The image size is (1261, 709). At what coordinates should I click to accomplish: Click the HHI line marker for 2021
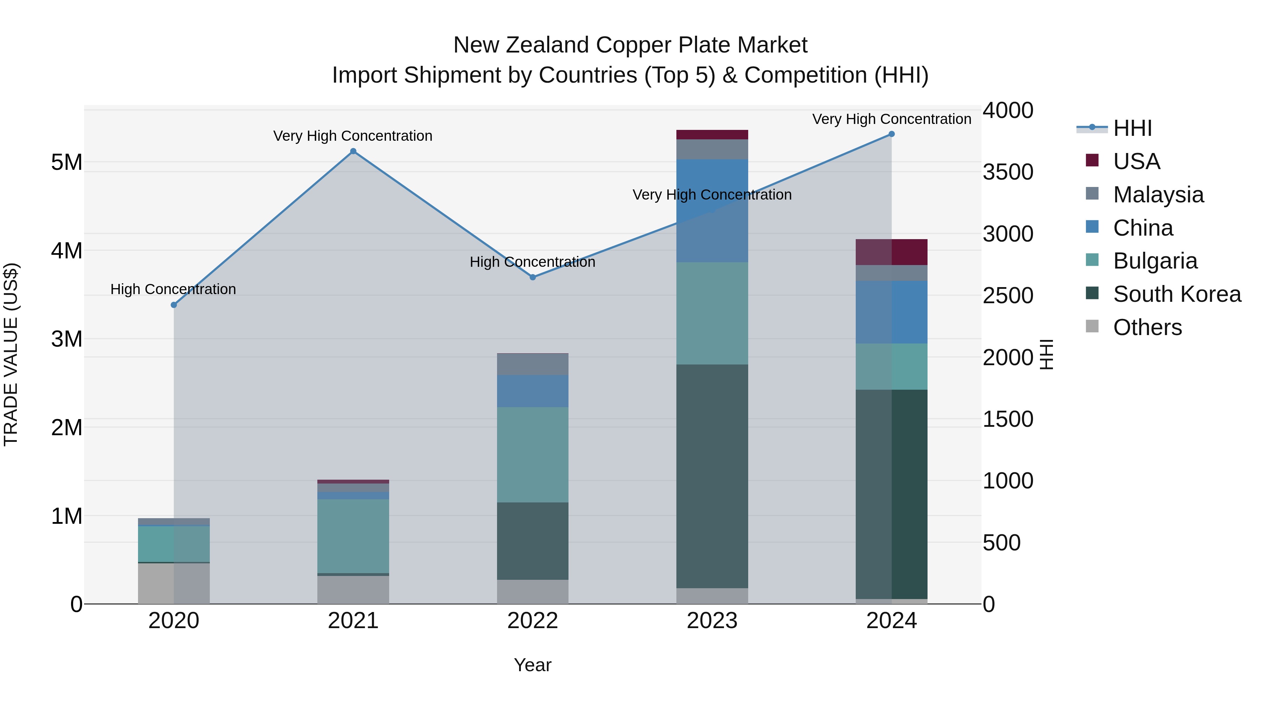pos(353,151)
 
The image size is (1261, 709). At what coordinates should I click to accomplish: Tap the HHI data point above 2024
pos(891,134)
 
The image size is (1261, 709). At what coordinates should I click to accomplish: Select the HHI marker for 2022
pos(532,277)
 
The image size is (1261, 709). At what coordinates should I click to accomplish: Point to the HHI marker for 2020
pos(174,305)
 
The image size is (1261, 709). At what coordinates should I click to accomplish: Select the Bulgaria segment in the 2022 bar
pos(532,454)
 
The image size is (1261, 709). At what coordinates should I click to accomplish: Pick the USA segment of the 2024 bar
pos(891,252)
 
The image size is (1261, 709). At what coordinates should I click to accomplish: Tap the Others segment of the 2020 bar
pos(174,583)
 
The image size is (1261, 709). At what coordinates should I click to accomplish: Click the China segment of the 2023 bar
pos(712,210)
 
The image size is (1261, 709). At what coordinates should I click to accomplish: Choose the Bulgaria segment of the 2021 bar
pos(353,536)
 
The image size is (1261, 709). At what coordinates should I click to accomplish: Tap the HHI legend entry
pos(1132,128)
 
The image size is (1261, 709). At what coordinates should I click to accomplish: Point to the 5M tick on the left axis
pos(67,162)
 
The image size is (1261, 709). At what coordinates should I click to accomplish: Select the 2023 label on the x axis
pos(712,621)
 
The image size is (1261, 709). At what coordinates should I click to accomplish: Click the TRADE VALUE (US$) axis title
pos(11,354)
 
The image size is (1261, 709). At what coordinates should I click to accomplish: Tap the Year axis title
pos(532,665)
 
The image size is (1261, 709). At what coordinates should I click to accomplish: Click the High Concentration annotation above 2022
pos(532,262)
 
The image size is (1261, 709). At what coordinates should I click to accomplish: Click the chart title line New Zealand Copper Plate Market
pos(630,45)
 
